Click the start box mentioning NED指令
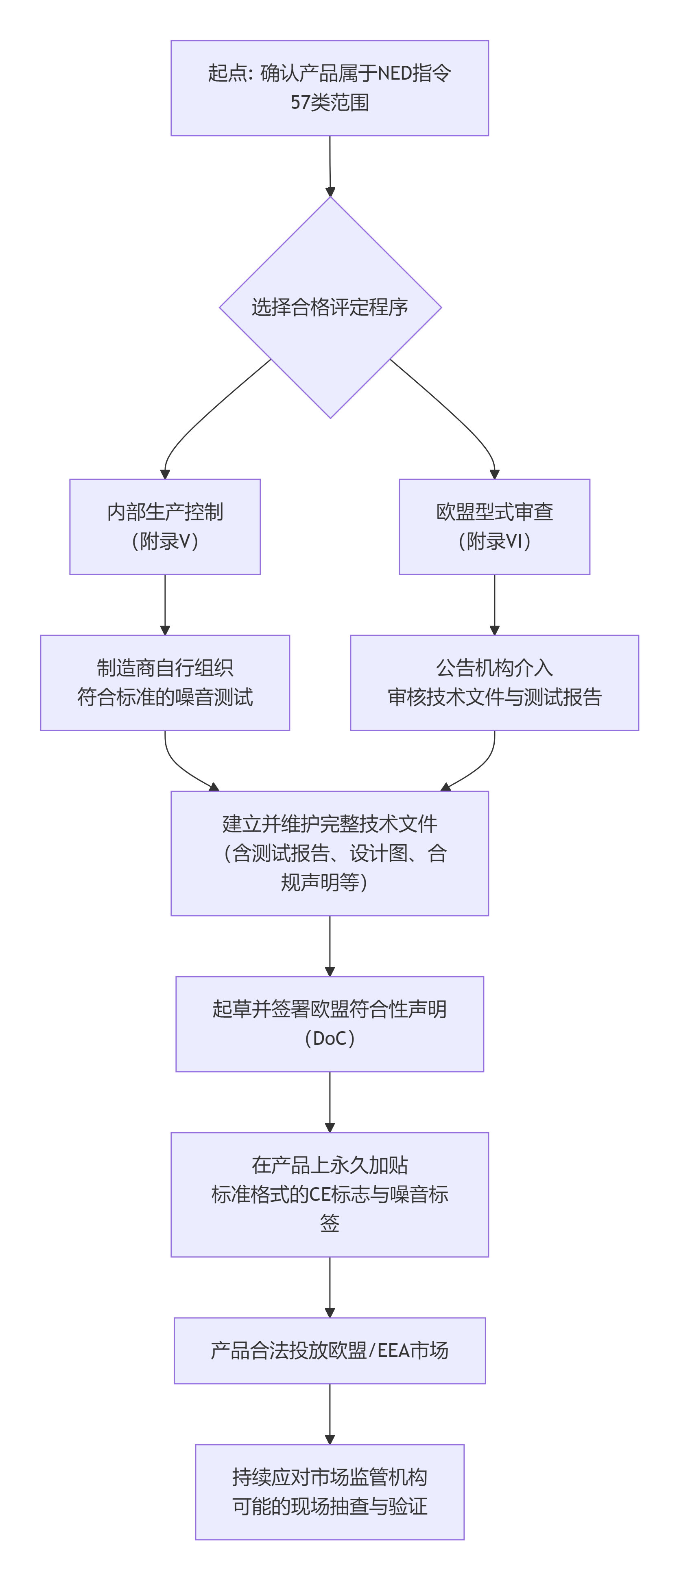pos(330,88)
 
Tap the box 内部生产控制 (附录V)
pos(164,526)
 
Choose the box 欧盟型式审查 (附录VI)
pos(494,526)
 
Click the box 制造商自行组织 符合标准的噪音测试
pos(164,682)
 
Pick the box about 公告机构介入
pos(494,682)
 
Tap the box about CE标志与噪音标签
pos(330,1194)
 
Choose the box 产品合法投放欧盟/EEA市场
pos(330,1350)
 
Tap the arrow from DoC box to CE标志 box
pos(330,1101)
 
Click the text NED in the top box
pos(394,73)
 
